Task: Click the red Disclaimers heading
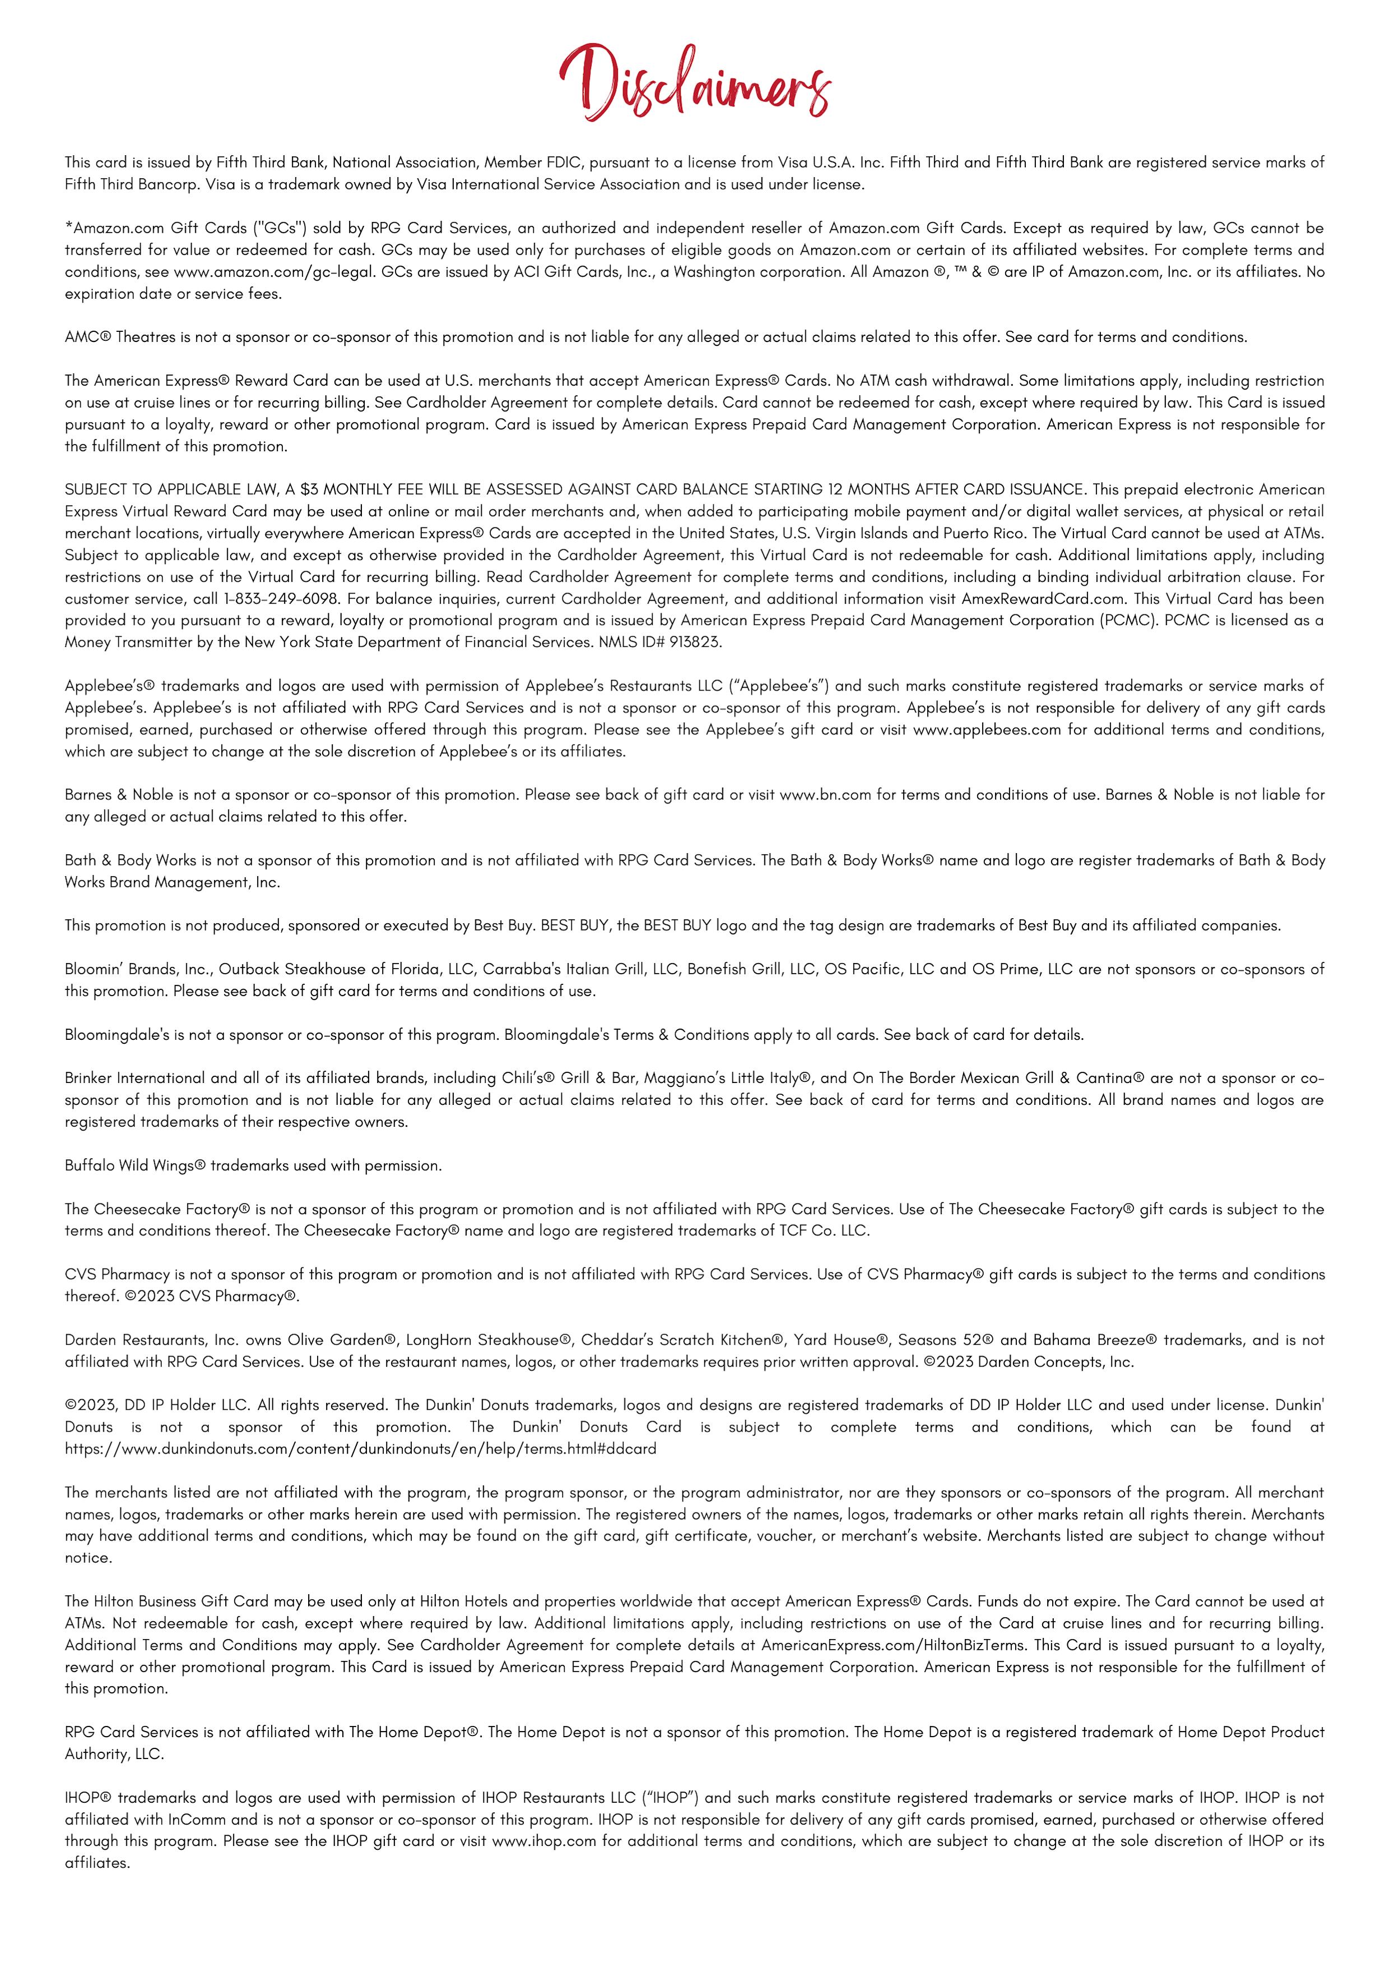pyautogui.click(x=695, y=83)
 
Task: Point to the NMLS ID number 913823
pyautogui.click(x=696, y=642)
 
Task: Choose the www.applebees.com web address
pyautogui.click(x=987, y=730)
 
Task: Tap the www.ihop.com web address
pyautogui.click(x=544, y=1841)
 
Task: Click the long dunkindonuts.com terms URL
pyautogui.click(x=361, y=1448)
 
